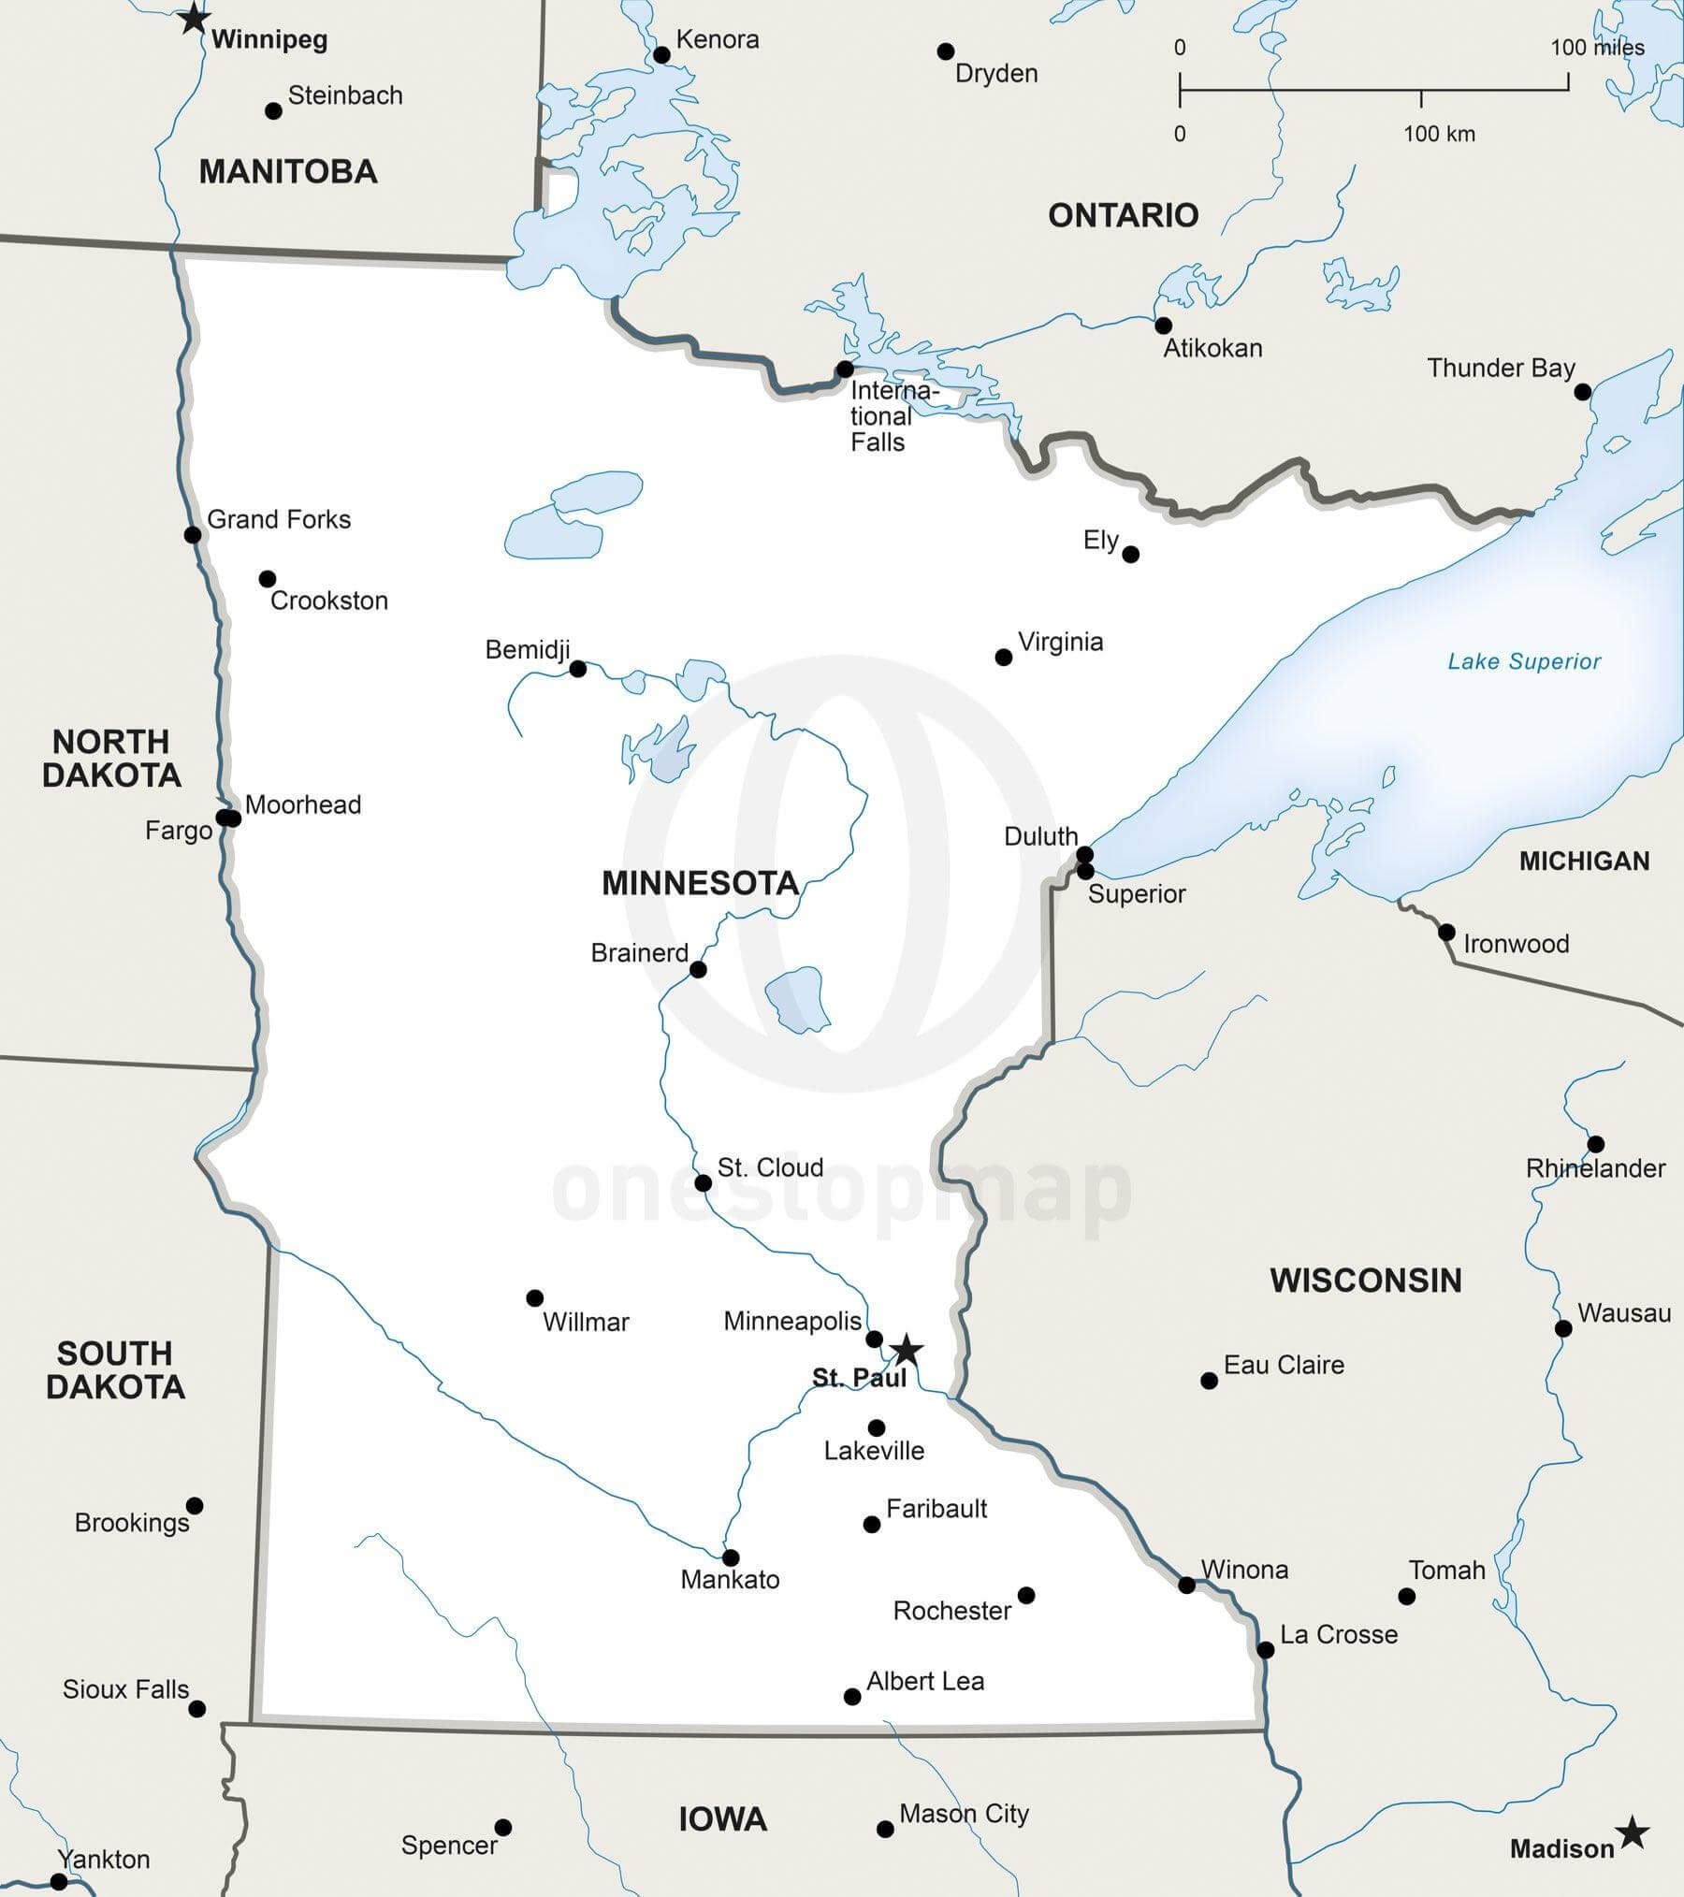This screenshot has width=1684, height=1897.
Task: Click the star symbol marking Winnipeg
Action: [x=193, y=18]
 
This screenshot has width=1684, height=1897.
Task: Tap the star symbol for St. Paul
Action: [x=906, y=1350]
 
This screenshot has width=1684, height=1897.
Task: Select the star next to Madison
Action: [x=1633, y=1832]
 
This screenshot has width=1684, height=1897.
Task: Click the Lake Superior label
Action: [x=1524, y=661]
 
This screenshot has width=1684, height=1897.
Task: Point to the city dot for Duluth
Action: [x=1084, y=854]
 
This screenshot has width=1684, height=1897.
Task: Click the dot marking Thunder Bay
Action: [x=1582, y=392]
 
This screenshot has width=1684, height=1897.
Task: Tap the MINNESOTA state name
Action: [x=700, y=883]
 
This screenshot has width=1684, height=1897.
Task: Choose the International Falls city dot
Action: [x=845, y=369]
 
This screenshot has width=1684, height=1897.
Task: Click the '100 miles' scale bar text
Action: [x=1597, y=48]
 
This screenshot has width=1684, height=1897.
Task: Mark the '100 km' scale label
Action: [x=1439, y=134]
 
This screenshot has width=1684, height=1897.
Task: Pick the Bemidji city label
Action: [x=528, y=649]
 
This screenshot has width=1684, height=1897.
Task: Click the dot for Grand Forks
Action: [x=193, y=535]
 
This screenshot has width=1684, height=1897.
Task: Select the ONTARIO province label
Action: [x=1123, y=215]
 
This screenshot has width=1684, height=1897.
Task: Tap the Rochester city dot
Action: [x=1026, y=1595]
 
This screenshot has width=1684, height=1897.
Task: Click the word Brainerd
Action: [x=639, y=952]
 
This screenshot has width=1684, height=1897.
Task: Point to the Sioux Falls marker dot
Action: [x=196, y=1709]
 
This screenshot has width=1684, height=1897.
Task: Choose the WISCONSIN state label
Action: [x=1365, y=1280]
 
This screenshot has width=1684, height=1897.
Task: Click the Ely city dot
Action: [x=1130, y=555]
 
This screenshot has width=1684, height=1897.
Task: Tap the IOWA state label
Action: [x=722, y=1819]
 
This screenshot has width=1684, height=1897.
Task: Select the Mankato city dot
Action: [x=731, y=1557]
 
